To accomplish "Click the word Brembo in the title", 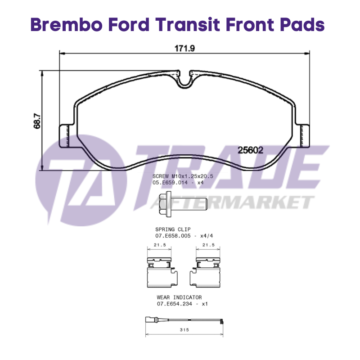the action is [x=66, y=25].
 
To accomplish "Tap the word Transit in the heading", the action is [x=188, y=25].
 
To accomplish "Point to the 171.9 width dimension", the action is [x=184, y=49].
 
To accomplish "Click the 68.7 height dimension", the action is [x=37, y=121].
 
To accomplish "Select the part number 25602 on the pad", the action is [x=250, y=150].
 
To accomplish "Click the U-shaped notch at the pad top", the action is [x=184, y=81].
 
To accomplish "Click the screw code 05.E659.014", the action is [x=170, y=183].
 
